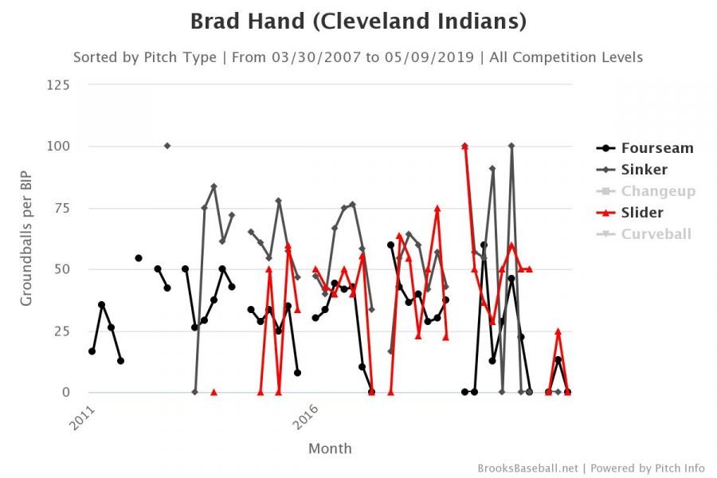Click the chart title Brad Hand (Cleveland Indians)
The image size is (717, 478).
[358, 22]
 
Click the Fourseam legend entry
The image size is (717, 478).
[656, 148]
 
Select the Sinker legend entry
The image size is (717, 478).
[644, 170]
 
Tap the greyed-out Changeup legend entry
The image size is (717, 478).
[658, 191]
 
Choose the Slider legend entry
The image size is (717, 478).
[641, 213]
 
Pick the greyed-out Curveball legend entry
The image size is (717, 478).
[656, 234]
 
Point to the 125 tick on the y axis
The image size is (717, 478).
[57, 85]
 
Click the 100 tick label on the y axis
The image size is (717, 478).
[57, 147]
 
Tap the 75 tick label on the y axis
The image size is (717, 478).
[61, 208]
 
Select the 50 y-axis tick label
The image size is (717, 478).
[61, 269]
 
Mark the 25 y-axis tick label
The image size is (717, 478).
[61, 331]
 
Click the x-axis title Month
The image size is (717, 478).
[330, 449]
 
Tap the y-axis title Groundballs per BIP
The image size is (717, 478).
[26, 238]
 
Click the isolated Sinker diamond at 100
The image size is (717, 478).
[167, 146]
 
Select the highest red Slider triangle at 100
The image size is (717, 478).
[464, 146]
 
